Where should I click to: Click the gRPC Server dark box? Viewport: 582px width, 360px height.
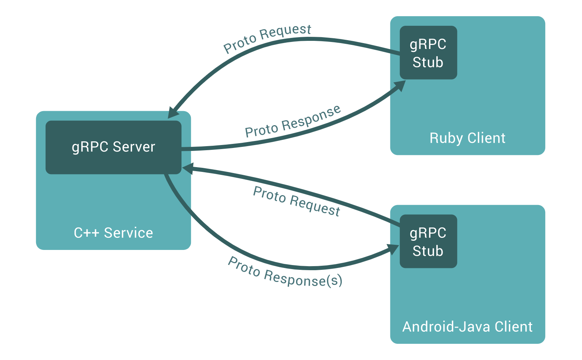click(113, 147)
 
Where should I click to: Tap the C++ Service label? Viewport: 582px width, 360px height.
click(113, 233)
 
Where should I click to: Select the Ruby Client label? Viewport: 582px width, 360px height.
click(467, 138)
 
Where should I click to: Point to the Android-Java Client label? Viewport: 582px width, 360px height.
click(467, 327)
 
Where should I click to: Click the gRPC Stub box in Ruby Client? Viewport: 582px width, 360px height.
click(428, 53)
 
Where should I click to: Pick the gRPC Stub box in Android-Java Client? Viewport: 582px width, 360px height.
click(428, 241)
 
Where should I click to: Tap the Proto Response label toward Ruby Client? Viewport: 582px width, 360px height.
click(293, 121)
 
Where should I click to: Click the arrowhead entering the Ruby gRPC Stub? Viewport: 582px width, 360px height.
click(400, 86)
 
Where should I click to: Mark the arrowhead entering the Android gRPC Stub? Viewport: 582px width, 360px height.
click(393, 249)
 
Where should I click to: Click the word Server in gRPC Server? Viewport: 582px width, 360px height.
click(134, 147)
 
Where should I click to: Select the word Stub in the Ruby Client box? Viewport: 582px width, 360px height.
click(428, 62)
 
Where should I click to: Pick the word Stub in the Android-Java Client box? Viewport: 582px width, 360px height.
click(428, 251)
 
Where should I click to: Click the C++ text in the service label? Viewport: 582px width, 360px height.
click(86, 233)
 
